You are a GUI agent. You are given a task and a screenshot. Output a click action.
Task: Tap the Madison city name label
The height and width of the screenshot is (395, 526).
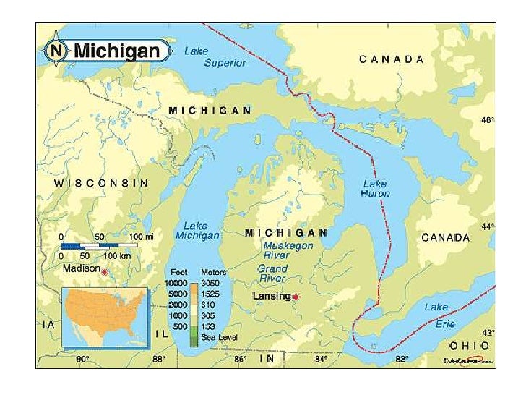[x=81, y=268]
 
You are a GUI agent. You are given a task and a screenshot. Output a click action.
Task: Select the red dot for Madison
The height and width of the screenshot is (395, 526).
[x=105, y=272]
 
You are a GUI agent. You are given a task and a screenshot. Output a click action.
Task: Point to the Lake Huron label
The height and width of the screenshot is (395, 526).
[x=376, y=189]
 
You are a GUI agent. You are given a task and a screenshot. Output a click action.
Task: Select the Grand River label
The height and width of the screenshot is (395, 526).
[x=272, y=273]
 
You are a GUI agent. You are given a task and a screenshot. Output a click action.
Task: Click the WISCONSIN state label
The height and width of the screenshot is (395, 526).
[x=102, y=183]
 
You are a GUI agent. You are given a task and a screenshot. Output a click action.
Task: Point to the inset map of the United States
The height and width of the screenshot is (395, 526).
[x=105, y=317]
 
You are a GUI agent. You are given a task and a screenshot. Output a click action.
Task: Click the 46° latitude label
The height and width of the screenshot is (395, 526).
[x=488, y=121]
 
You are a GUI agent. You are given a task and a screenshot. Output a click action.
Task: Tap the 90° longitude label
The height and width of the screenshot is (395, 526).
[x=83, y=359]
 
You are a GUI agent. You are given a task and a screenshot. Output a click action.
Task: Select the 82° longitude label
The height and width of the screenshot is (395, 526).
[x=401, y=359]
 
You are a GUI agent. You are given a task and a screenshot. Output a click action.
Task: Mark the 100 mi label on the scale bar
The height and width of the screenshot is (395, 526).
[x=141, y=237]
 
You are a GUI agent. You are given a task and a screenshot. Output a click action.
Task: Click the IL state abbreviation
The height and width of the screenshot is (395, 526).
[x=163, y=334]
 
